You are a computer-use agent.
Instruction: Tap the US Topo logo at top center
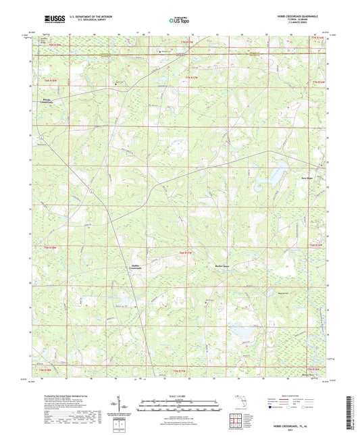click(178, 22)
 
